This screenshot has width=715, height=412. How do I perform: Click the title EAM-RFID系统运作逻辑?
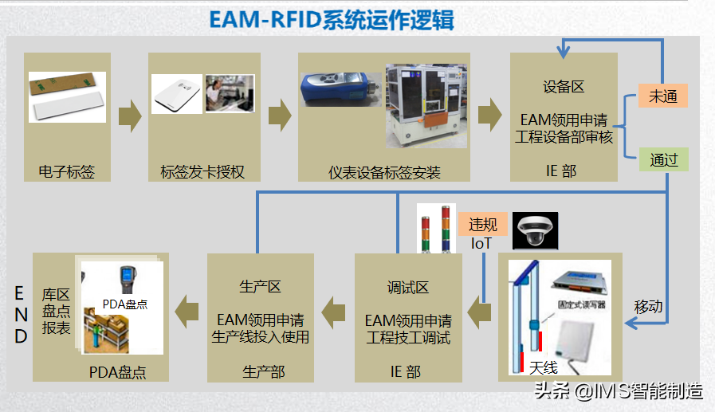pos(332,19)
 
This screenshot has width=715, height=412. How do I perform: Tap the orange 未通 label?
pos(662,96)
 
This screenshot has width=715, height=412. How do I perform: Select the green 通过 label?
pos(663,159)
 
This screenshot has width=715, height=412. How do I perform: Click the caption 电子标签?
pos(66,172)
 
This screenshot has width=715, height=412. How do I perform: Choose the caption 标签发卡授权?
pos(202,172)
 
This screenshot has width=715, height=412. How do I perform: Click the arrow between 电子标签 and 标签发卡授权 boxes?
pos(129,116)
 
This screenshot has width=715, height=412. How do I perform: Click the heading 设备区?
pos(564,86)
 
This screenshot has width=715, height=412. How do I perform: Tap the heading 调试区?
pos(407,287)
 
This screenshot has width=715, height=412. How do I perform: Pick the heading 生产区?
pos(260,287)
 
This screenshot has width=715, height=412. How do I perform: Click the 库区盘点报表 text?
pos(56,311)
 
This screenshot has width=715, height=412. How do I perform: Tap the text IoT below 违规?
pos(481,243)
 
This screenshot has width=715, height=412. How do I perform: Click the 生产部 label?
pos(263,371)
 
